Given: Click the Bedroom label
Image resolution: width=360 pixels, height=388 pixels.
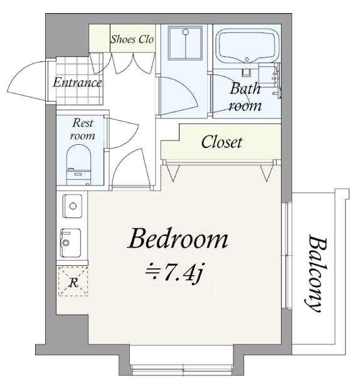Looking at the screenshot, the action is tap(178, 239).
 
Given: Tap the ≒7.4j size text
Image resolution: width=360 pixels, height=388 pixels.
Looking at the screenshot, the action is tap(175, 273).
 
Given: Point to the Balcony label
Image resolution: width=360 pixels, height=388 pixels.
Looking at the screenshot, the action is tap(316, 273).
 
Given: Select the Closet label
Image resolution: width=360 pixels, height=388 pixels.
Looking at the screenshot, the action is tap(221, 142).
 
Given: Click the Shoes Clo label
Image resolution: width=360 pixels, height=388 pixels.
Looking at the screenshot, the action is tap(132, 39).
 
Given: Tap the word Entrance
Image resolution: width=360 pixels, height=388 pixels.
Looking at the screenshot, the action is tap(77, 82).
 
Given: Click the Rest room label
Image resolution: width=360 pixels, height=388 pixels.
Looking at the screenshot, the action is tap(82, 129).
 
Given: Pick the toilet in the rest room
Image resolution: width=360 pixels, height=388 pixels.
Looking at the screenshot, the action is tap(79, 165).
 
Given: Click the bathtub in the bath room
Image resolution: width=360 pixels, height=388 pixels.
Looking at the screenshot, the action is tap(246, 46).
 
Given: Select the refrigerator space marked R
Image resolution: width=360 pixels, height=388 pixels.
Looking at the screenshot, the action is tap(73, 281).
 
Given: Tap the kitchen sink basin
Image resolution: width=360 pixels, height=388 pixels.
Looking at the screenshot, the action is tap(71, 243).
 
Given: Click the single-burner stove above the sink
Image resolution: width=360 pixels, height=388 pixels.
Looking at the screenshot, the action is tap(72, 206).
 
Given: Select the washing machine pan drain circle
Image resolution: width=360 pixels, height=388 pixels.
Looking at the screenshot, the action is tap(186, 32).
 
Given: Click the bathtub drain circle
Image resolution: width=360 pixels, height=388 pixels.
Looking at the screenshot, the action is tap(246, 59).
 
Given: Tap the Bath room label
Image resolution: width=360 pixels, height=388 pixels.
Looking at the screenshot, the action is tap(245, 97).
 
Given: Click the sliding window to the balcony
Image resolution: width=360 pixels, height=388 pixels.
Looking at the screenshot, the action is tap(287, 255).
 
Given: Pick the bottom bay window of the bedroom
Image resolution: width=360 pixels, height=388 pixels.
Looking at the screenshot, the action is tap(183, 370).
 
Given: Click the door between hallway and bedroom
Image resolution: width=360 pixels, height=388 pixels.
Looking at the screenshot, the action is tap(131, 168).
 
